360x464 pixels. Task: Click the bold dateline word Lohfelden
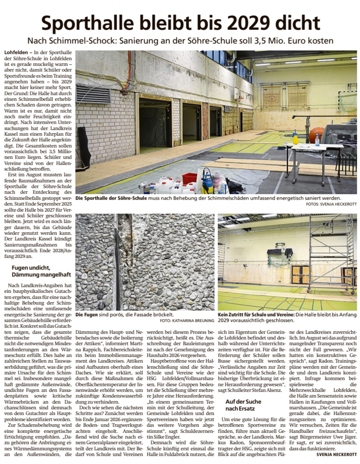(x=16, y=53)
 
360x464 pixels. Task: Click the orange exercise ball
(x=317, y=134)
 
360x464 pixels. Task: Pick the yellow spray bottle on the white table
(x=295, y=138)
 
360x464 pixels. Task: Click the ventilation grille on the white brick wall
(x=87, y=94)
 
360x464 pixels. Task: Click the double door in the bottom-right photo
(x=300, y=274)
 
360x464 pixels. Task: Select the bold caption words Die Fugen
(x=87, y=315)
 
